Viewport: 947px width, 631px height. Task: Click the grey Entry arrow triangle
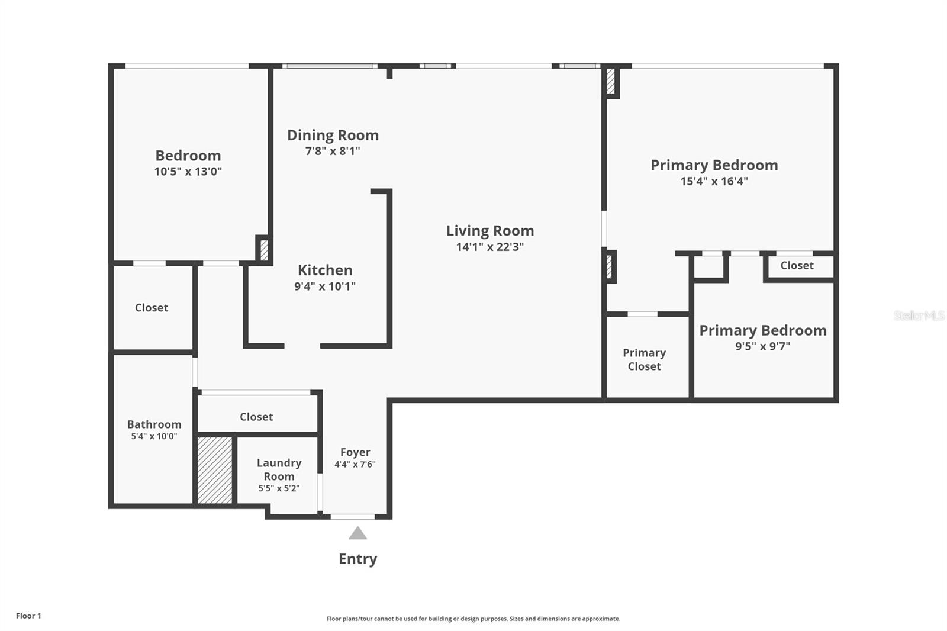pyautogui.click(x=357, y=533)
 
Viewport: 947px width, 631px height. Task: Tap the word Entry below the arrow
pyautogui.click(x=357, y=559)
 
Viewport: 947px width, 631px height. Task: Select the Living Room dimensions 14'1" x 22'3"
pyautogui.click(x=490, y=247)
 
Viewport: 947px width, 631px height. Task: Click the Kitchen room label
pyautogui.click(x=325, y=270)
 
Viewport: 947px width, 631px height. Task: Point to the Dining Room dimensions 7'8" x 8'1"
pyautogui.click(x=333, y=151)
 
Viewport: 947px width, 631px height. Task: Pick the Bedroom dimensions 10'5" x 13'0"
pyautogui.click(x=188, y=172)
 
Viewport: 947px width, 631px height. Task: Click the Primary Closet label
pyautogui.click(x=645, y=359)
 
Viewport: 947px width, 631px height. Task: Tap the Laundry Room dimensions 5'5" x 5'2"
pyautogui.click(x=279, y=488)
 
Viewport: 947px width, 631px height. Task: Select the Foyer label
pyautogui.click(x=355, y=452)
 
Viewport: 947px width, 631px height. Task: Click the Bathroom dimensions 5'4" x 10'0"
pyautogui.click(x=154, y=436)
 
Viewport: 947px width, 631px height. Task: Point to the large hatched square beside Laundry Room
pyautogui.click(x=215, y=470)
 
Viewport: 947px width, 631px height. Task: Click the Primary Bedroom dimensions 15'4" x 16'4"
pyautogui.click(x=714, y=182)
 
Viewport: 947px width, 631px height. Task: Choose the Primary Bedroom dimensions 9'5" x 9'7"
pyautogui.click(x=763, y=346)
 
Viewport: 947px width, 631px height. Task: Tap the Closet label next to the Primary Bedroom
pyautogui.click(x=797, y=266)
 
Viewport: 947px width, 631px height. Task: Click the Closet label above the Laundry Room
pyautogui.click(x=256, y=417)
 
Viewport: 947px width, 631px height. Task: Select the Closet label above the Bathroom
pyautogui.click(x=152, y=308)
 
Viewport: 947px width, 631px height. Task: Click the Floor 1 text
pyautogui.click(x=29, y=616)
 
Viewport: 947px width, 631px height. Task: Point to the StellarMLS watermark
pyautogui.click(x=919, y=315)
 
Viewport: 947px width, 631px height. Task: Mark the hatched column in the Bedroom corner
pyautogui.click(x=264, y=250)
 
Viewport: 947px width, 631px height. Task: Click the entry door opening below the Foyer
pyautogui.click(x=353, y=516)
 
